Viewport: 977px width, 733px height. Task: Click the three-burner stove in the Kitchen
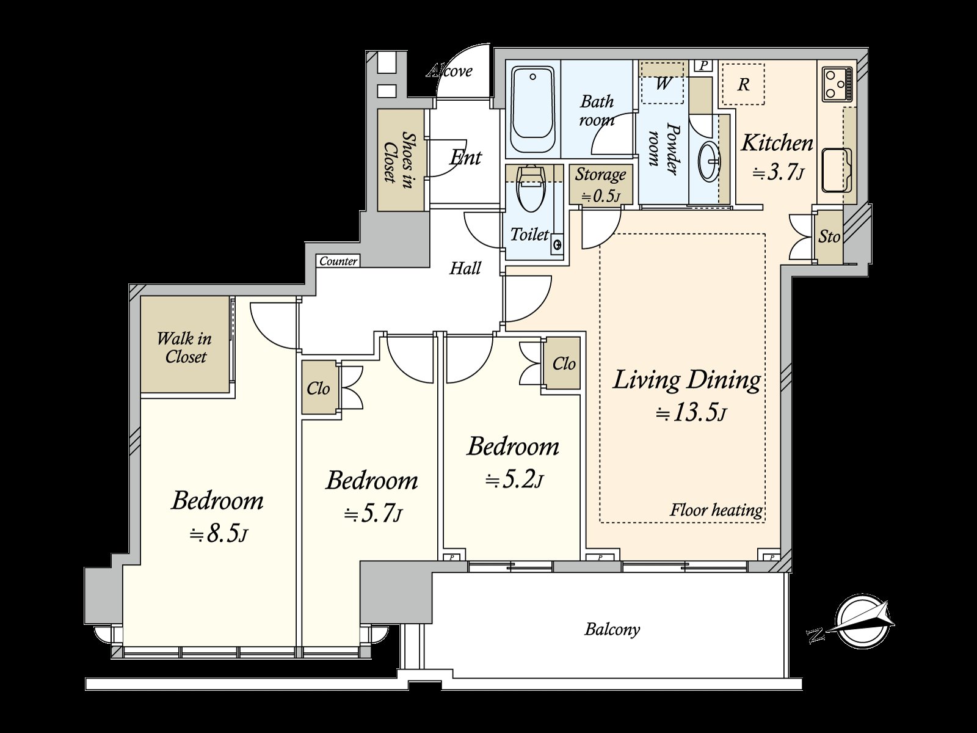[837, 85]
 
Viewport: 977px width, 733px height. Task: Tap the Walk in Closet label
[184, 348]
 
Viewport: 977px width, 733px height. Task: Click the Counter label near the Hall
[338, 261]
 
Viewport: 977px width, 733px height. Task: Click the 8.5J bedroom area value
[218, 534]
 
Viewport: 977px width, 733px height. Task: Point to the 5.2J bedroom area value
[514, 481]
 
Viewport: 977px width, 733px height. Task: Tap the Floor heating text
[716, 510]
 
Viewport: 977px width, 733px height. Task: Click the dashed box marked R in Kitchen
[743, 84]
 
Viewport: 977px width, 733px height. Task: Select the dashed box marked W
[663, 84]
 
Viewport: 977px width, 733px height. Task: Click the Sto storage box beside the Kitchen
[829, 236]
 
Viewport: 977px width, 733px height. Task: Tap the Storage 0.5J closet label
[600, 184]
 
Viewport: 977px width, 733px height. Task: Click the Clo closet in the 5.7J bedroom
[318, 388]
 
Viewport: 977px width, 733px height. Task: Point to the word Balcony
[612, 629]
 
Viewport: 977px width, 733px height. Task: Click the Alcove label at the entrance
[450, 71]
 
